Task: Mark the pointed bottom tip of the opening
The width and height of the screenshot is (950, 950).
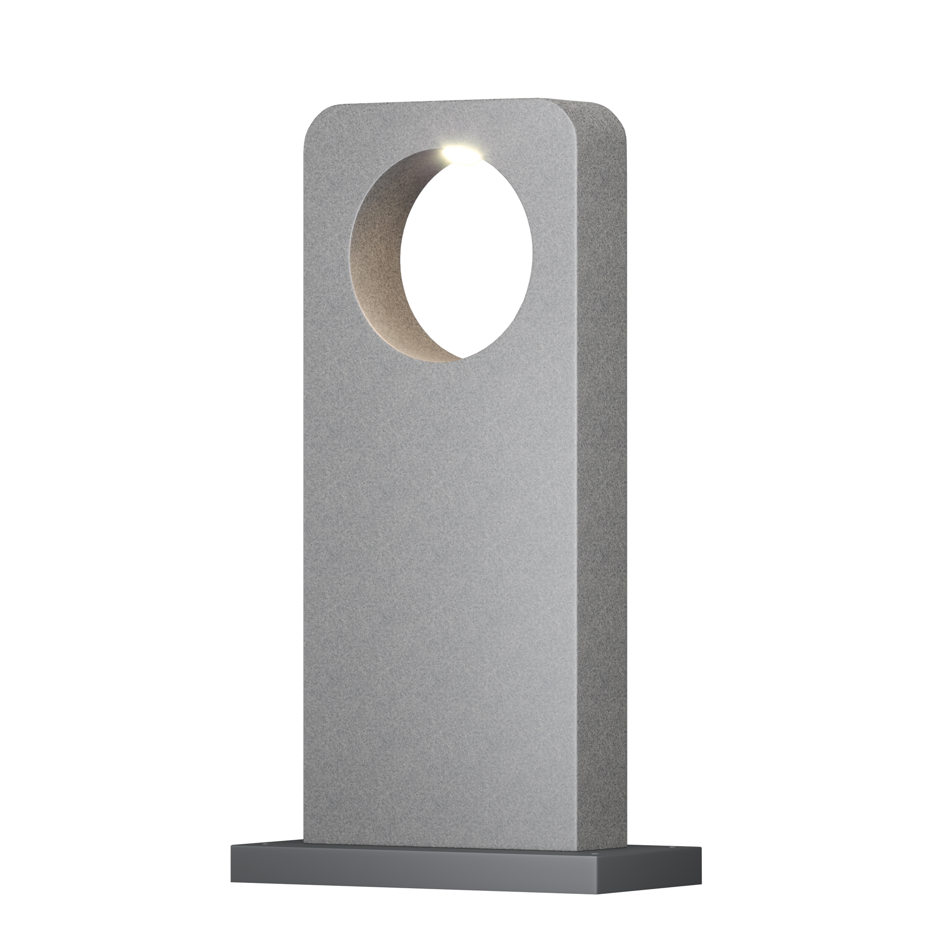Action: [462, 358]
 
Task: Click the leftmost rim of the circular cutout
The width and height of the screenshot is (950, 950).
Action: [350, 246]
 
